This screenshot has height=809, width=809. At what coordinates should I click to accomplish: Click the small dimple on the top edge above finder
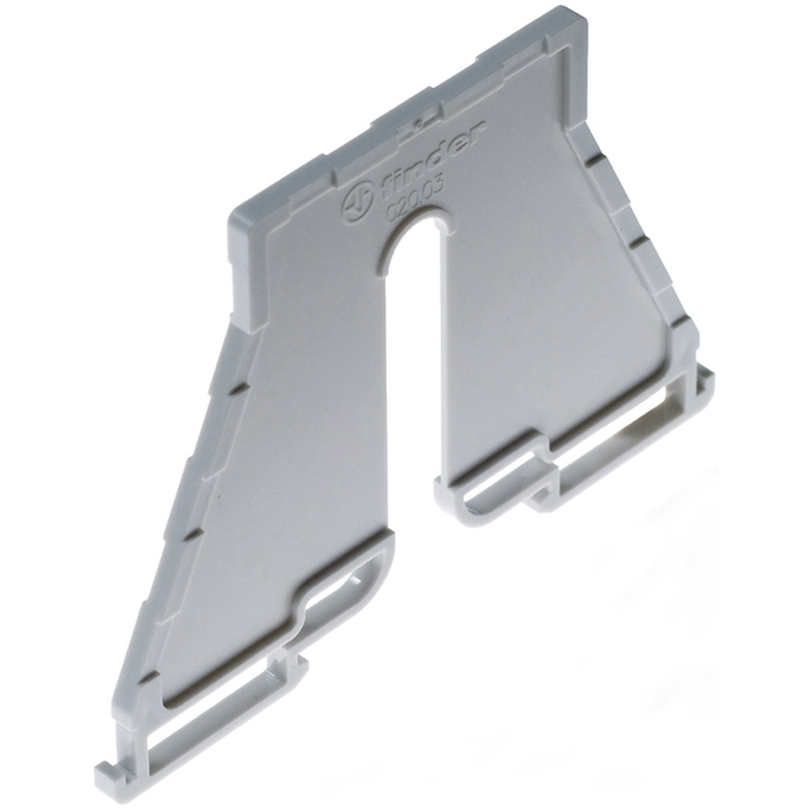tap(416, 124)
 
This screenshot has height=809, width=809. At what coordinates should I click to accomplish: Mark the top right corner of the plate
tap(576, 12)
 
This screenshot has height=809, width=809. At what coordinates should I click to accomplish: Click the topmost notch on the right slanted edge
tap(595, 161)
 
